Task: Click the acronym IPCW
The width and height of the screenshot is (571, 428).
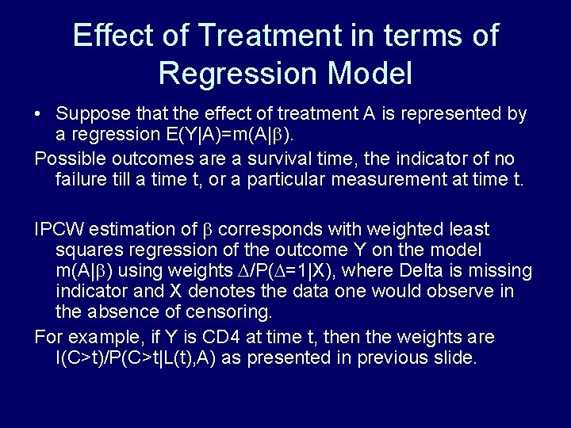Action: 61,230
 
